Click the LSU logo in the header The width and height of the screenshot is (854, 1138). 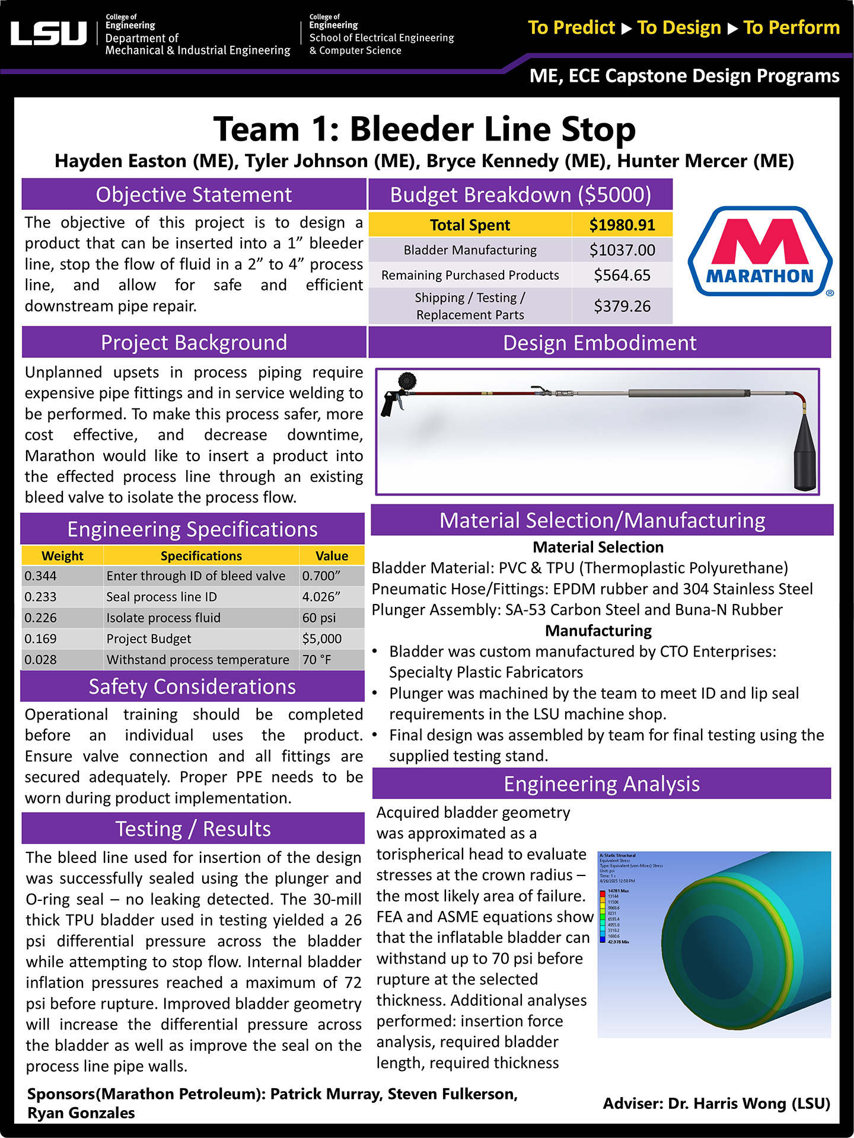point(49,33)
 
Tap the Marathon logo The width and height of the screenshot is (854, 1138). point(760,251)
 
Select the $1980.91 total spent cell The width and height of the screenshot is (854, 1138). point(622,225)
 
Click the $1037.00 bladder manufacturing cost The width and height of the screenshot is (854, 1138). point(622,250)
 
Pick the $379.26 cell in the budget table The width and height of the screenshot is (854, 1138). point(622,306)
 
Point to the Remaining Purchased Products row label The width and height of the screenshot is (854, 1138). point(470,275)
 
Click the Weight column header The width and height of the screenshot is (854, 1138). point(62,556)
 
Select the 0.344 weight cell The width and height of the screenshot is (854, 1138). point(41,576)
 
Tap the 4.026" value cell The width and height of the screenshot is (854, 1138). point(321,597)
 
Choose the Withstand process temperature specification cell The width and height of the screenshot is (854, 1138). point(198,660)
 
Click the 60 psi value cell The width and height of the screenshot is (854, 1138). point(319,618)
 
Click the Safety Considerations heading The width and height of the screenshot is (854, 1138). point(192,686)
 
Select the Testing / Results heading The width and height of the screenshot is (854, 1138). point(193,829)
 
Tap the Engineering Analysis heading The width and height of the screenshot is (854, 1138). point(601,784)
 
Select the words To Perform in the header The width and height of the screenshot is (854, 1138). point(791,28)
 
